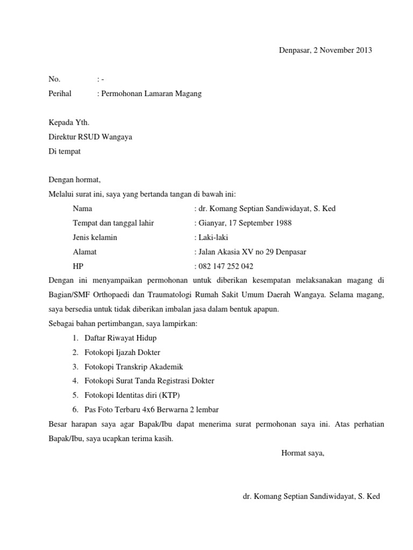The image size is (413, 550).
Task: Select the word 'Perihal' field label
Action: click(60, 93)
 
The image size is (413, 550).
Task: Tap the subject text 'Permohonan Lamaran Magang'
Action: click(151, 93)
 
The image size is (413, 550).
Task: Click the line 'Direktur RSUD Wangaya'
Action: click(90, 137)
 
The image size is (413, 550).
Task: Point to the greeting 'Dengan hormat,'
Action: click(75, 180)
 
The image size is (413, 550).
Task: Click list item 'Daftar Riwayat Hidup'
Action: click(121, 338)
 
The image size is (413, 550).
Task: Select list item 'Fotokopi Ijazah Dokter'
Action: click(123, 352)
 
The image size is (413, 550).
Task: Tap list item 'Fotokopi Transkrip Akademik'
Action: click(134, 367)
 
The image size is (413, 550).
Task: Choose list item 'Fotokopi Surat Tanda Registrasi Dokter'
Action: click(149, 381)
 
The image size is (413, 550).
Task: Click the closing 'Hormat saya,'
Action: click(303, 453)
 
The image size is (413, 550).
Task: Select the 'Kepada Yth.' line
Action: click(69, 122)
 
